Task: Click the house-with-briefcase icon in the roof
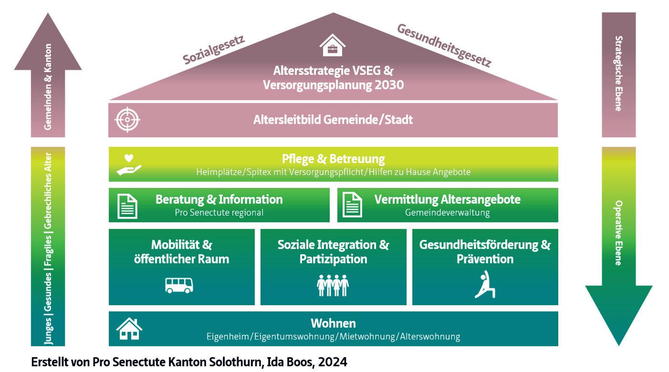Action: tap(333, 46)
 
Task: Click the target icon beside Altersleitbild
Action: tap(127, 120)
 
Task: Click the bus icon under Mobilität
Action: tap(179, 285)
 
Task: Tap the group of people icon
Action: tap(333, 285)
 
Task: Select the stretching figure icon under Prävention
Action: tap(485, 284)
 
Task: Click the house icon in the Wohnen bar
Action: tap(129, 328)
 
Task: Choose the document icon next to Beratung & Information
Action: tap(128, 206)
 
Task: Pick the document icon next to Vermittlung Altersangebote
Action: tap(353, 206)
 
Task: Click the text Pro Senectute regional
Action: tap(219, 213)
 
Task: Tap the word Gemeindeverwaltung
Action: tap(447, 213)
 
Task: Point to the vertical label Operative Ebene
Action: tap(618, 233)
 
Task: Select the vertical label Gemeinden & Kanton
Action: tap(48, 87)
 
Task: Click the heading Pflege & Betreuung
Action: tap(333, 159)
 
